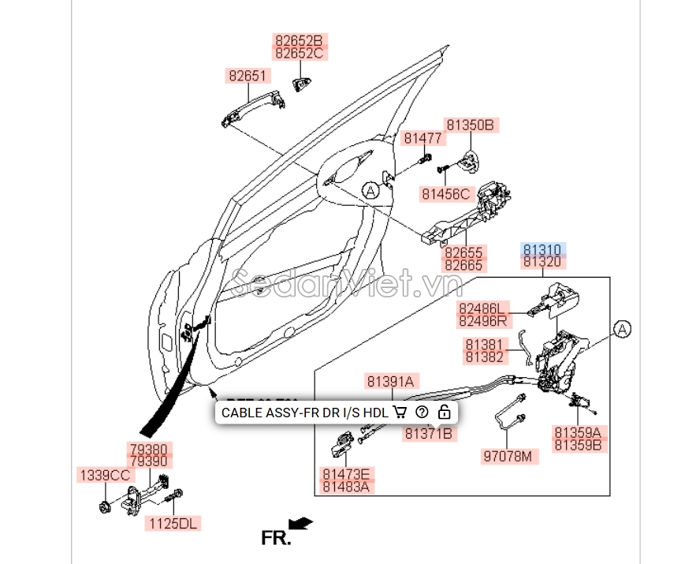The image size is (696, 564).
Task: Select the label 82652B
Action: click(x=299, y=40)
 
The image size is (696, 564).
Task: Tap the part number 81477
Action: click(x=423, y=138)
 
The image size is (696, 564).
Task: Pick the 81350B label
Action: click(x=470, y=125)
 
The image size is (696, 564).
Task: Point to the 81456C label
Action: click(x=445, y=193)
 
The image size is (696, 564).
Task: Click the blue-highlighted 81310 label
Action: click(x=542, y=249)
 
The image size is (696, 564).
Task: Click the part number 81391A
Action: click(x=389, y=381)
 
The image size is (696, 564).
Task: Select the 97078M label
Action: click(x=507, y=456)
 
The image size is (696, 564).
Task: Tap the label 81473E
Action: click(x=345, y=474)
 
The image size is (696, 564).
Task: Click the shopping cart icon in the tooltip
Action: click(x=400, y=412)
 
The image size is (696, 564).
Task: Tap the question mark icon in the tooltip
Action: click(x=422, y=412)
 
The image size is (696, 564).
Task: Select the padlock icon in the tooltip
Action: click(x=445, y=412)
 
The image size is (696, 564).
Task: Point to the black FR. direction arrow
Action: click(x=300, y=523)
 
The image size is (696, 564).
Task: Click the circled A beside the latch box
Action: click(x=622, y=330)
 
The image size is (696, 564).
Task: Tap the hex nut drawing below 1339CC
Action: click(x=105, y=504)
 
